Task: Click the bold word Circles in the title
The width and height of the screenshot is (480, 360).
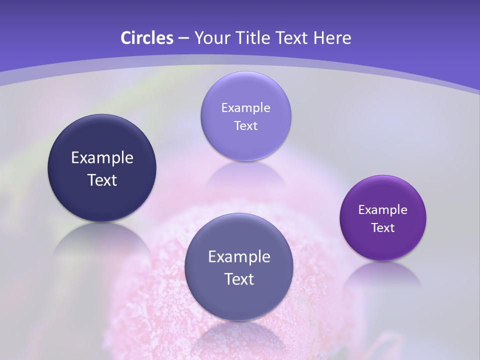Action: pyautogui.click(x=146, y=38)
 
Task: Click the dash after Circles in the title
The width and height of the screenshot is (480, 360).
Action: pyautogui.click(x=183, y=38)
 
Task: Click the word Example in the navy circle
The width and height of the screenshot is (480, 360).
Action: pyautogui.click(x=102, y=158)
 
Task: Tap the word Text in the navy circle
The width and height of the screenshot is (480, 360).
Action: pyautogui.click(x=102, y=180)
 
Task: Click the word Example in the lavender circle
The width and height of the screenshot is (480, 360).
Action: pyautogui.click(x=245, y=108)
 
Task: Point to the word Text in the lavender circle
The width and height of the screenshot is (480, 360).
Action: pyautogui.click(x=245, y=126)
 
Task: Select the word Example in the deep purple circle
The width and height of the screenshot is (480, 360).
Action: pyautogui.click(x=383, y=210)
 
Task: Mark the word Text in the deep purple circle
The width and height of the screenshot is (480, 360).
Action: pyautogui.click(x=383, y=228)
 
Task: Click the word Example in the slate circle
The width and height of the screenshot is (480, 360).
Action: pyautogui.click(x=239, y=257)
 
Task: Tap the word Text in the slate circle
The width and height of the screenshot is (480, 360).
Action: pyautogui.click(x=239, y=279)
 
